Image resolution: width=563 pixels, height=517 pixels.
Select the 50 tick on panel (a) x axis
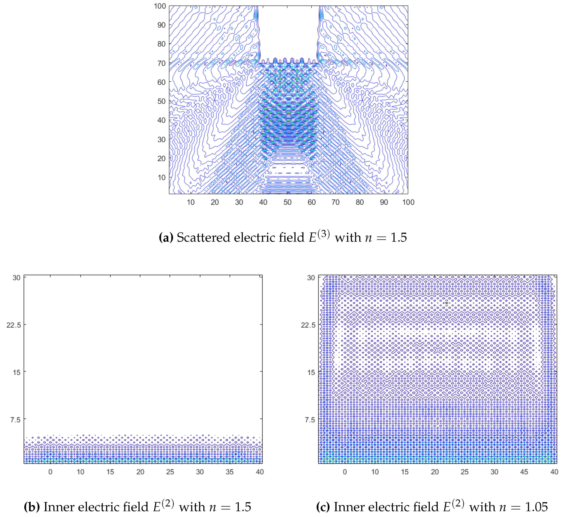point(287,202)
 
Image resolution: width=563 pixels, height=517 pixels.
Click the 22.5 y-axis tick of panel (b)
point(14,325)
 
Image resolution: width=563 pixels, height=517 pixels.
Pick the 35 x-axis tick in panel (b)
point(230,472)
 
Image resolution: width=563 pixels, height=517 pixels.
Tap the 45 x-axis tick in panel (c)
point(524,472)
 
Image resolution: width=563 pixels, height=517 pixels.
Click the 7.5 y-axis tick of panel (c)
point(310,419)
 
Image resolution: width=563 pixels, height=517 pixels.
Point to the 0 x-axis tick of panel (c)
point(345,472)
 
